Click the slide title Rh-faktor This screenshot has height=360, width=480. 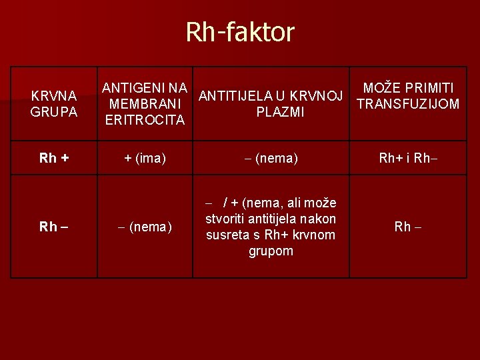tap(240, 31)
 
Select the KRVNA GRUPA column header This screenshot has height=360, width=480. tap(54, 103)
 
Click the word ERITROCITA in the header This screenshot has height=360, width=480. tap(145, 120)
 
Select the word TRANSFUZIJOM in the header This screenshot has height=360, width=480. tap(408, 104)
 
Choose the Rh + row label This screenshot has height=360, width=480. tap(54, 158)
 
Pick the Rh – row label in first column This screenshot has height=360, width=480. tap(54, 227)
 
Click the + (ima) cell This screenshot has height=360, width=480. tap(145, 158)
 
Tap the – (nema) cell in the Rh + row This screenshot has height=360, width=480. tap(270, 158)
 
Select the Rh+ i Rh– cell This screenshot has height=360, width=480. tap(408, 158)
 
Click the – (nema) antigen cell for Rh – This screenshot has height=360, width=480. tap(145, 227)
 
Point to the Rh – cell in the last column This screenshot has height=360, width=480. tap(408, 227)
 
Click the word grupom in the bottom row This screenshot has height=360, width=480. tap(271, 251)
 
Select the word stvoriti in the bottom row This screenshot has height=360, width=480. tap(225, 219)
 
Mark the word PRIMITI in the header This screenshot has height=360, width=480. tap(430, 88)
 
